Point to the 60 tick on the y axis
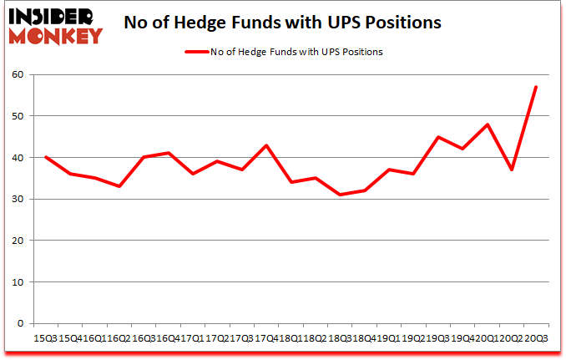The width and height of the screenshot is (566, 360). click(19, 75)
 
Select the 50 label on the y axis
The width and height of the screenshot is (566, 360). click(19, 116)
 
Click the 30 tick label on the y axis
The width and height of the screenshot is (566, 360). click(19, 200)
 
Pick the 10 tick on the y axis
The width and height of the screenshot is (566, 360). click(19, 282)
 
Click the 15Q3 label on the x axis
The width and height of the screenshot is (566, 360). click(46, 338)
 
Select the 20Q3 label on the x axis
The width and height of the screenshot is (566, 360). click(536, 338)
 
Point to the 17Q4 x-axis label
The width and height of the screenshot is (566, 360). click(265, 338)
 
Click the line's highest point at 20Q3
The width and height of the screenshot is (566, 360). click(536, 87)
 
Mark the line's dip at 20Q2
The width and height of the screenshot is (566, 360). click(512, 170)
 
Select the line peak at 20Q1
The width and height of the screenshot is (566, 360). click(487, 124)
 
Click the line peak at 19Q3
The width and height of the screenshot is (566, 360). click(437, 137)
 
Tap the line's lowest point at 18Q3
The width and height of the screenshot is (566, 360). click(340, 195)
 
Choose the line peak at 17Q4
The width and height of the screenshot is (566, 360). click(266, 145)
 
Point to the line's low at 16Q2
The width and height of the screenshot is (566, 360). click(119, 186)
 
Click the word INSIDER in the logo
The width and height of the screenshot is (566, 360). click(51, 18)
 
